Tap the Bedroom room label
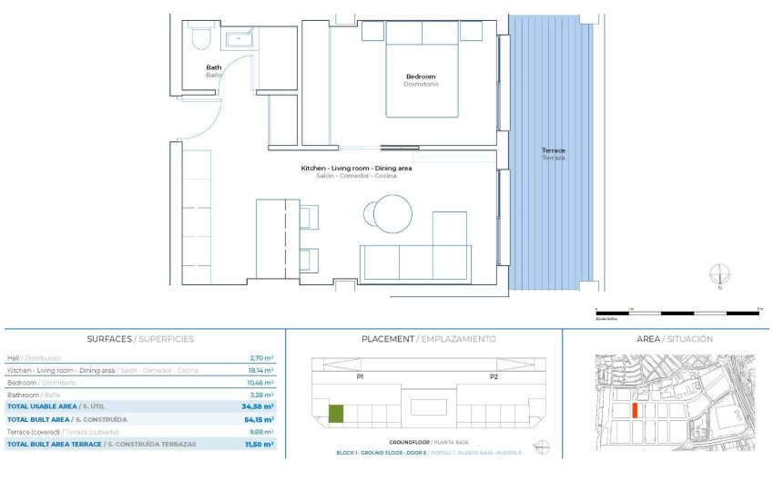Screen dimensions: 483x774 click(x=421, y=77)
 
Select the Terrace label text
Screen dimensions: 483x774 click(x=554, y=150)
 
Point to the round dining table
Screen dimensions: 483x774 click(x=387, y=212)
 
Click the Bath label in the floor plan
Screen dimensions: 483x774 click(x=213, y=67)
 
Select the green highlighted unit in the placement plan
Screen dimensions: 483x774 click(x=336, y=414)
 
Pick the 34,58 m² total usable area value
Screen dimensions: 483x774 click(x=258, y=407)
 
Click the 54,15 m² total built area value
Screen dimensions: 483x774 click(x=258, y=419)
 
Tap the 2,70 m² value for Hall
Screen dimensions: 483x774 click(x=262, y=359)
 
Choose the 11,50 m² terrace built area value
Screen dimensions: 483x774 click(x=258, y=444)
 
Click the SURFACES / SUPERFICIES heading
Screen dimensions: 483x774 click(x=140, y=339)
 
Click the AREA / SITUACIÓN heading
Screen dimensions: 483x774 click(x=674, y=339)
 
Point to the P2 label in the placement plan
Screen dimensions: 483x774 click(x=494, y=376)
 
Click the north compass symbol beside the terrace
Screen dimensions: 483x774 click(x=720, y=274)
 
